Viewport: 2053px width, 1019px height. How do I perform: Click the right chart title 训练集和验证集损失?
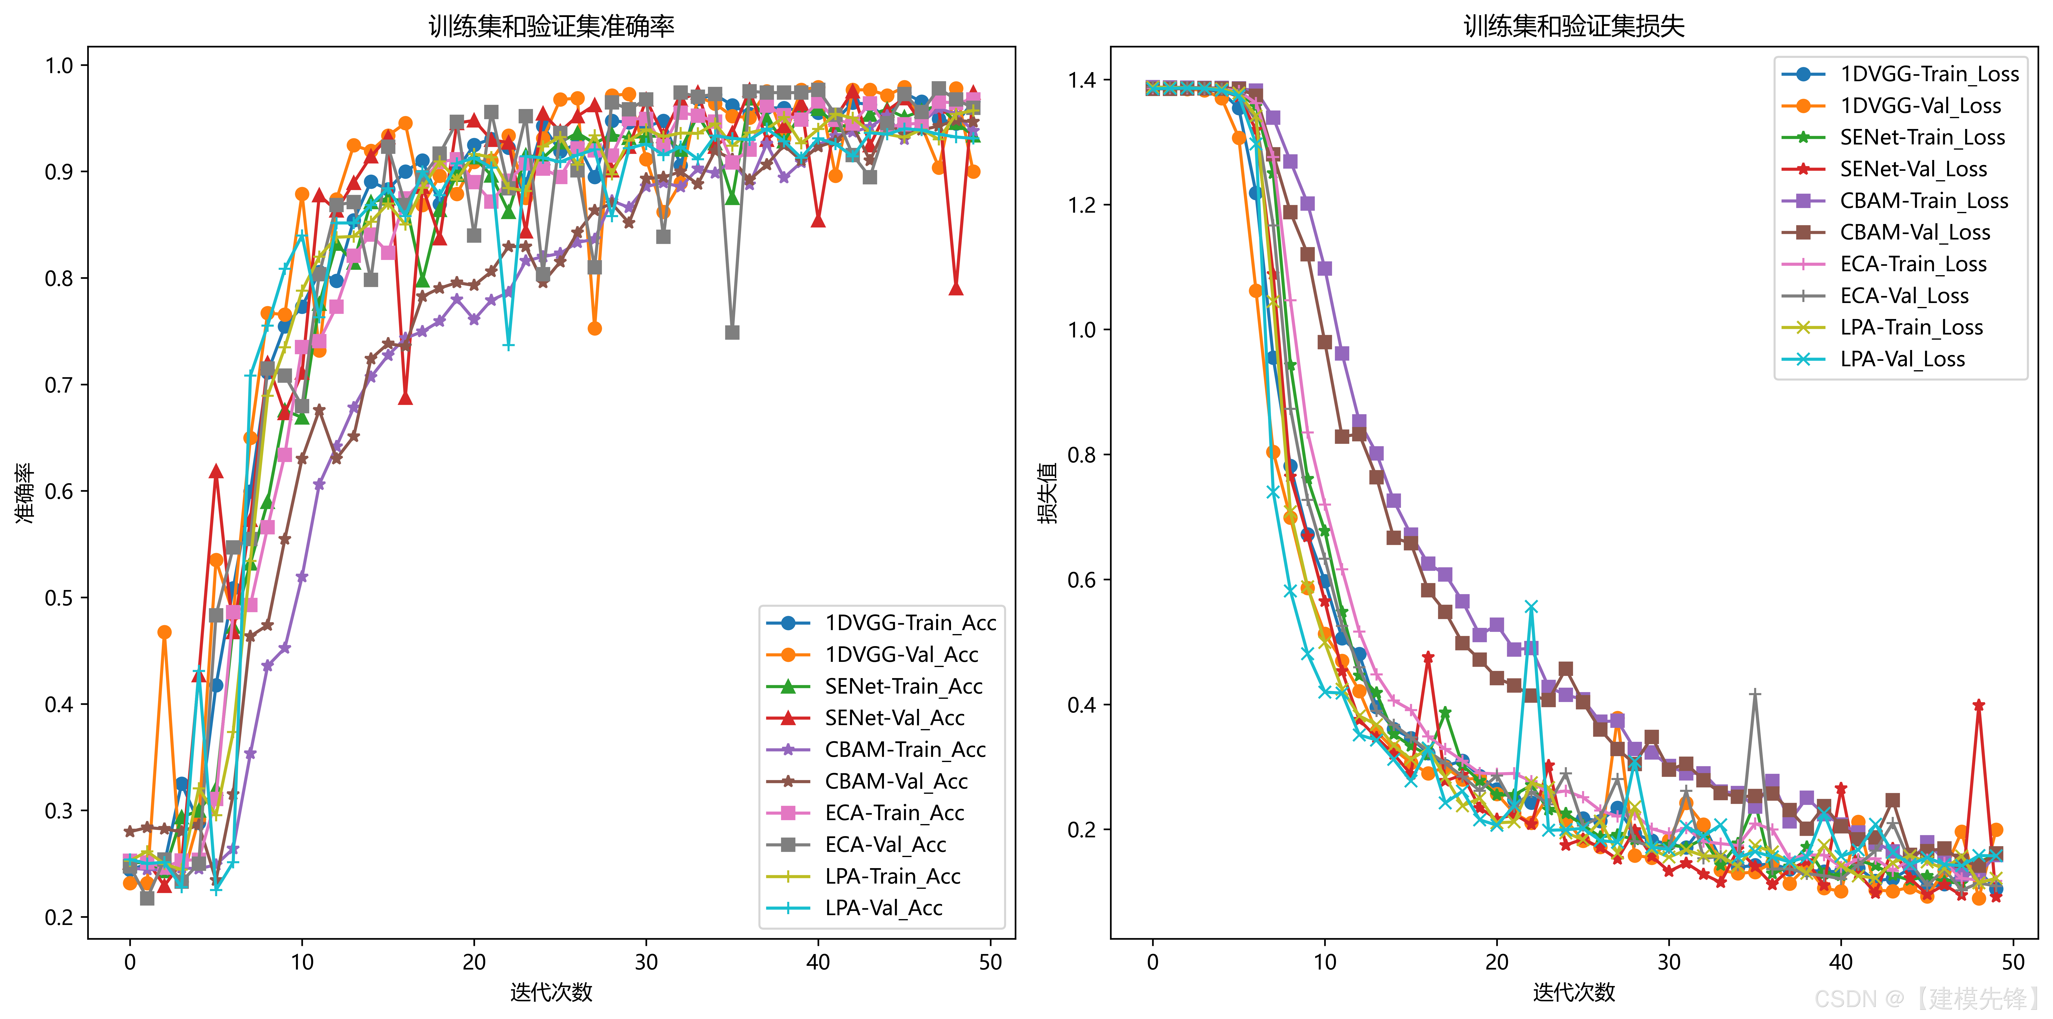click(x=1574, y=26)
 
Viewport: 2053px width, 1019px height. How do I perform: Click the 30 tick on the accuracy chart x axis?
click(x=646, y=962)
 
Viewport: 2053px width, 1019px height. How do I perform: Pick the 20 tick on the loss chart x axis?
click(x=1497, y=962)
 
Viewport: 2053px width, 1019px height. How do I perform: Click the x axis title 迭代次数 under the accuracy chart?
click(x=551, y=992)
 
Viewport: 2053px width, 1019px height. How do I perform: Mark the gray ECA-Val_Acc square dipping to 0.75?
click(x=732, y=332)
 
